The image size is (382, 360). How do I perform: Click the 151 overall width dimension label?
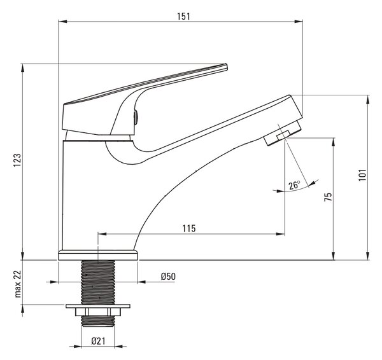pyautogui.click(x=183, y=16)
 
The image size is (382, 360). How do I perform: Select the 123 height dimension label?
pyautogui.click(x=17, y=160)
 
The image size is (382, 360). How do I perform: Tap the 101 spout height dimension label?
pyautogui.click(x=362, y=175)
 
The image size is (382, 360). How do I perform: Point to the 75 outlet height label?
pyautogui.click(x=328, y=197)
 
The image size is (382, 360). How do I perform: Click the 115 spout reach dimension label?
pyautogui.click(x=189, y=228)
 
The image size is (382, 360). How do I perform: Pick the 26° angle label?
pyautogui.click(x=294, y=186)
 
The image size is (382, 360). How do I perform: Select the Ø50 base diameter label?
pyautogui.click(x=168, y=276)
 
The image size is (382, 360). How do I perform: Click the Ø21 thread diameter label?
pyautogui.click(x=99, y=341)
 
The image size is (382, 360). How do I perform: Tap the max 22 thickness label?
pyautogui.click(x=18, y=284)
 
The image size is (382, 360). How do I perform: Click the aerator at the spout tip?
pyautogui.click(x=283, y=133)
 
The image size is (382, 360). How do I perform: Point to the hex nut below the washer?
pyautogui.click(x=98, y=312)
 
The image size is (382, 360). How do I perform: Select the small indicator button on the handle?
pyautogui.click(x=136, y=117)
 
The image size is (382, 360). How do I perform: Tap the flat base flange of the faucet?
pyautogui.click(x=98, y=255)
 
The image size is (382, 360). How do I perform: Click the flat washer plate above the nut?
pyautogui.click(x=98, y=306)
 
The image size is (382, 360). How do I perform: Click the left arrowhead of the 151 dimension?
pyautogui.click(x=62, y=22)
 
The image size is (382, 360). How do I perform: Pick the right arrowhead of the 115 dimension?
pyautogui.click(x=280, y=234)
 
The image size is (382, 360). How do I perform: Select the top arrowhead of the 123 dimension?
pyautogui.click(x=23, y=68)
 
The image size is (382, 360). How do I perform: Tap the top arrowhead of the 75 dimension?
pyautogui.click(x=333, y=142)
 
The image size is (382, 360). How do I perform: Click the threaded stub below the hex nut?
pyautogui.click(x=98, y=321)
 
